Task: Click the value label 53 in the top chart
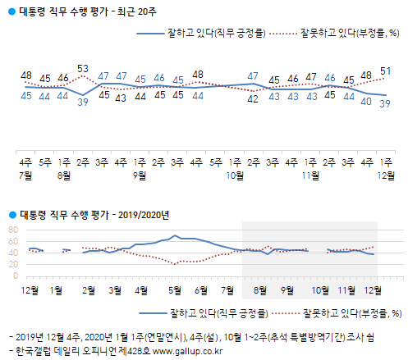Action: [82, 67]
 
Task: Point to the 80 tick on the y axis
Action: [14, 230]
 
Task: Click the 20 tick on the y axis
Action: [14, 264]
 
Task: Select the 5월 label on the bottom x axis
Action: [173, 289]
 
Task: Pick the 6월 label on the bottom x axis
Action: [201, 289]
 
